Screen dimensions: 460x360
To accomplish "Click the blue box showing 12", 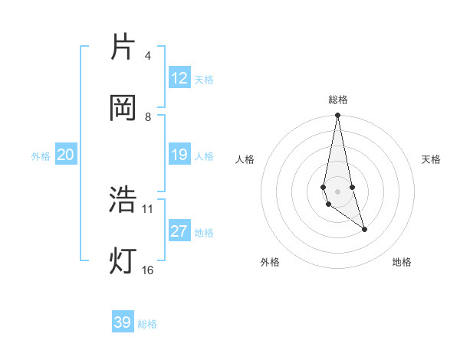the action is click(179, 78).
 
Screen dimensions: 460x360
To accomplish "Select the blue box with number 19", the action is click(179, 155).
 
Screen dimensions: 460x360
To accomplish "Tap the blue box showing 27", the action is click(179, 231).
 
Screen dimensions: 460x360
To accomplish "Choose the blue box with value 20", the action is click(65, 155).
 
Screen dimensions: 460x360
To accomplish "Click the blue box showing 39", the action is click(123, 322).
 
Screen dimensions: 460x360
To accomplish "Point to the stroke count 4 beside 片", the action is click(147, 56).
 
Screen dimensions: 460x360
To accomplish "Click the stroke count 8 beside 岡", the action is click(148, 117).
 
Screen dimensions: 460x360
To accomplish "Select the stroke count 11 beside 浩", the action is click(148, 208).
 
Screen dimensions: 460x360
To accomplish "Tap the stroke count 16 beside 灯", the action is click(148, 270).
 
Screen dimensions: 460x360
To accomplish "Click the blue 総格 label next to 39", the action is click(148, 324).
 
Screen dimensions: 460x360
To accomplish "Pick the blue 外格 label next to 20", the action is click(41, 156).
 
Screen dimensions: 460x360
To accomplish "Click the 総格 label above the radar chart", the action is click(338, 100).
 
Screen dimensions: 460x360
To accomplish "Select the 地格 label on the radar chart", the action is click(402, 262).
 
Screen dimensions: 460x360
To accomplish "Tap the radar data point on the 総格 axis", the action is click(337, 116).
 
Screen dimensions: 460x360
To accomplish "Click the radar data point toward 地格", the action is click(364, 229).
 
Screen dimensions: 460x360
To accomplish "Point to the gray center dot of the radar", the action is click(337, 191).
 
